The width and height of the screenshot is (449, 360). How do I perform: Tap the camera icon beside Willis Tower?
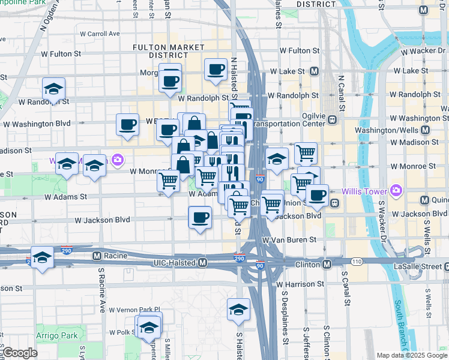pos(395,192)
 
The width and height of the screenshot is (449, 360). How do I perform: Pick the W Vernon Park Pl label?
pos(133,310)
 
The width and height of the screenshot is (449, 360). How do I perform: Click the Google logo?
pos(19,353)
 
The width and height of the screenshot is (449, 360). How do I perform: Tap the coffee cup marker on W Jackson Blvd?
pos(200,217)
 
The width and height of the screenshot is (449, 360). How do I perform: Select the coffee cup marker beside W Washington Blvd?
pos(127,124)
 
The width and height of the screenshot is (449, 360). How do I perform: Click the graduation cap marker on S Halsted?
pos(238,310)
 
